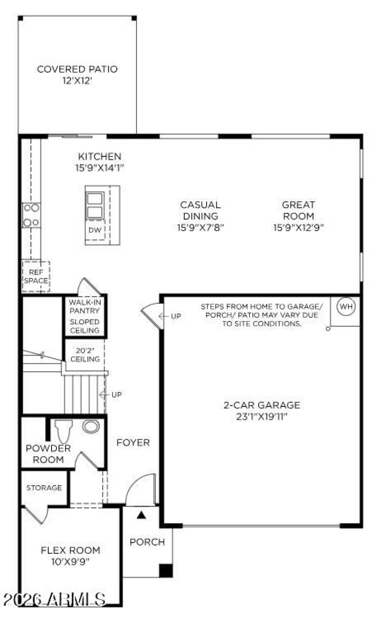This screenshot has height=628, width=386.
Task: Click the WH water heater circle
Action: point(346,306)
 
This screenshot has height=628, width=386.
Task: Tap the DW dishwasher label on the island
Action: point(95,230)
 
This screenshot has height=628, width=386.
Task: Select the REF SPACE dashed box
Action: point(36,277)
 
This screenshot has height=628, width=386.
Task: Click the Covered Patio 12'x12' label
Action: point(77,74)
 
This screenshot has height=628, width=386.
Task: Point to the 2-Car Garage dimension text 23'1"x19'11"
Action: point(262,416)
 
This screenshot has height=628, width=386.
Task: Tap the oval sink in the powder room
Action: point(91,426)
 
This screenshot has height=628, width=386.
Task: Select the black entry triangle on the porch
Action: point(141,516)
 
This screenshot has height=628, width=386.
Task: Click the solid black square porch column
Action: point(165,570)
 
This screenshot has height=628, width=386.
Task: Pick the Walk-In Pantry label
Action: point(84,306)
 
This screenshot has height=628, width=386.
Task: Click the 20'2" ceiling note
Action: point(85,355)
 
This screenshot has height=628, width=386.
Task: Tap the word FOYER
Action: point(133,442)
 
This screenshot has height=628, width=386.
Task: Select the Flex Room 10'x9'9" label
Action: point(70,555)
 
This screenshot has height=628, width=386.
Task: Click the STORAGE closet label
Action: point(44,488)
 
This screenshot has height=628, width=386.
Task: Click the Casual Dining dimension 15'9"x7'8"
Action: point(200,227)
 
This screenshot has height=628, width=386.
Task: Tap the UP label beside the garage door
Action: point(176,316)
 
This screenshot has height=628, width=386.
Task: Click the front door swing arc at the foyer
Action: point(141,485)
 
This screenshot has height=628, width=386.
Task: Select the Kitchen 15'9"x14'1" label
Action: point(100,162)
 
